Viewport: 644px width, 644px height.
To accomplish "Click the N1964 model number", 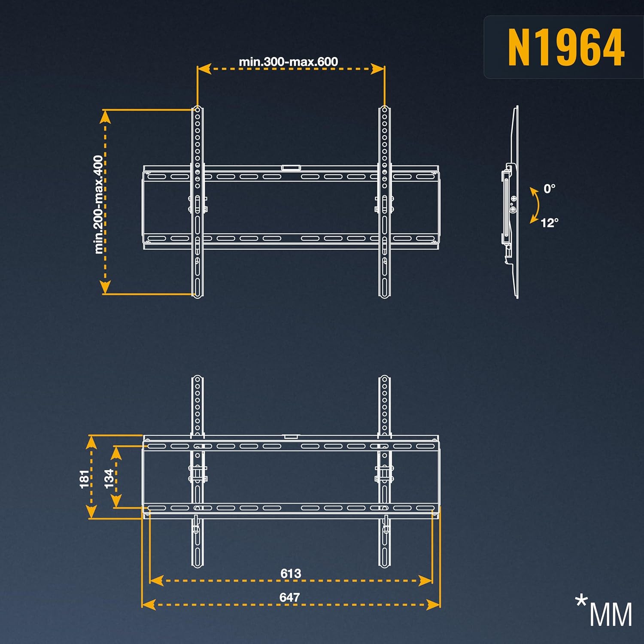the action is coord(566,47).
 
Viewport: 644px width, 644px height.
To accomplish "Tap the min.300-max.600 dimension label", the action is coord(289,62).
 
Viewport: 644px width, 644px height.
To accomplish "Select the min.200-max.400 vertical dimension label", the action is coord(99,204).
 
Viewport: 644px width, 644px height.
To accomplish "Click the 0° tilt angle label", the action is coord(549,188).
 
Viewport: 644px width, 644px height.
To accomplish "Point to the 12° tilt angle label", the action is coord(550,223).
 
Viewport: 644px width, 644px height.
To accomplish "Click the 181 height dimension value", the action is coord(85,479).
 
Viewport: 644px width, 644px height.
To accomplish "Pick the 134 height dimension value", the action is coord(109,478).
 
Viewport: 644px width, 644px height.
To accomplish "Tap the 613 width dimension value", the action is coord(291,574).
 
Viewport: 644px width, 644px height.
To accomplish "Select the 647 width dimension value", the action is coord(289,597).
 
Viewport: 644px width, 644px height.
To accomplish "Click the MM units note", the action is coord(611,614).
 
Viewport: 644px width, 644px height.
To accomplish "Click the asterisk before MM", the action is coord(581,600).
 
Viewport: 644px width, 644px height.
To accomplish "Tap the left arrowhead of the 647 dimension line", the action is coord(149,605).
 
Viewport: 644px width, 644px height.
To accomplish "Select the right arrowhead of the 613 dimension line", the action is coord(425,581).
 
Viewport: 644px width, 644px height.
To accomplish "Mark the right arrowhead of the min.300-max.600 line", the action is coord(378,69).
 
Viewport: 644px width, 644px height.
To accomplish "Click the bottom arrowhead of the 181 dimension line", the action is coord(91,512).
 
